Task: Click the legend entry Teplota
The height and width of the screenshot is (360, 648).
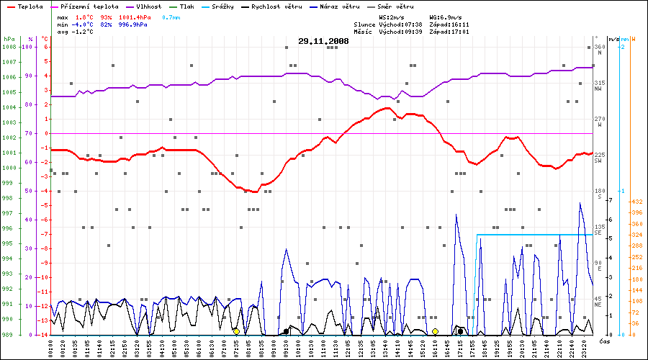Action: (29, 6)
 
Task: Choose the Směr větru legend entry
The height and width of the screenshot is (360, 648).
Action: (397, 6)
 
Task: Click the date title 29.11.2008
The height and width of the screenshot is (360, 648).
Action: (323, 42)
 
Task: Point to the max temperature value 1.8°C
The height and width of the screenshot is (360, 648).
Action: (85, 16)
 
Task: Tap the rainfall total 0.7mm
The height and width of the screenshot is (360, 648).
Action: (171, 16)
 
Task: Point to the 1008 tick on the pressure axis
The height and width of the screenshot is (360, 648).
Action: (9, 47)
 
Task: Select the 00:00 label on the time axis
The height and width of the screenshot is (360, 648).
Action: (50, 346)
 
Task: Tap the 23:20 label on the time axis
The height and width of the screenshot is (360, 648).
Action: (584, 346)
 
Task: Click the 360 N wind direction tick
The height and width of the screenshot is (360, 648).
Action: (598, 48)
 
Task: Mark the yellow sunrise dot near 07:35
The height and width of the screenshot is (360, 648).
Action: (236, 331)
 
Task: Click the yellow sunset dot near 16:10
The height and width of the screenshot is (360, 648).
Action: (435, 331)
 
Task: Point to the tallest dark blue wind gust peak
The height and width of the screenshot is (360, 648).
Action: (580, 204)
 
